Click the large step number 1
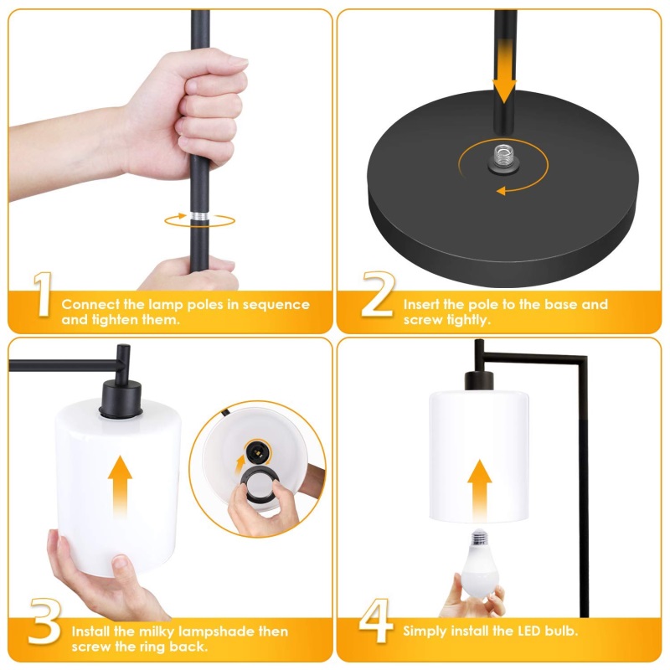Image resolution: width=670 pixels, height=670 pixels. pos(43,295)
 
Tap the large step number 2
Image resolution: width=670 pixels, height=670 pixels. pos(378,295)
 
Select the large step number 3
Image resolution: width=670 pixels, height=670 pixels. pos(44,621)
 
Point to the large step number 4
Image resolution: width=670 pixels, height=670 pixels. pos(375,621)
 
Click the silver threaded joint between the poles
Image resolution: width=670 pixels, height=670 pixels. pos(199,216)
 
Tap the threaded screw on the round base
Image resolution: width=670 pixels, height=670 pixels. pos(504,158)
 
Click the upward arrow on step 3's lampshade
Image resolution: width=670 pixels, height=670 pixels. pos(120,487)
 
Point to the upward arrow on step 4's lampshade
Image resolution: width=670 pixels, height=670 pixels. pos(479,491)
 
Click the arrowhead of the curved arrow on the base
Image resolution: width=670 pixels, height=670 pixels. pos(501,191)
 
